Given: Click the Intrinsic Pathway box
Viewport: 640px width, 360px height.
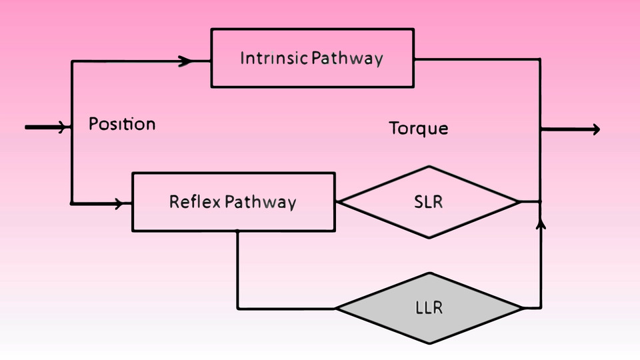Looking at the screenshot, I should [312, 58].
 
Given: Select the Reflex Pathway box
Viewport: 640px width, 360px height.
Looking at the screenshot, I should [233, 201].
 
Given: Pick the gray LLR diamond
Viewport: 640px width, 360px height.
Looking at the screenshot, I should [428, 308].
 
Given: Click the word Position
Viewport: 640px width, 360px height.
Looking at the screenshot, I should [122, 124].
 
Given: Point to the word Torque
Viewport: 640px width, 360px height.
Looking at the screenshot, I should [419, 128].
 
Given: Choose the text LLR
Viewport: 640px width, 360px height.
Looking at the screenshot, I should [428, 308].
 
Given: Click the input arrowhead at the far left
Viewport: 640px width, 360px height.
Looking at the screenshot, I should [64, 127].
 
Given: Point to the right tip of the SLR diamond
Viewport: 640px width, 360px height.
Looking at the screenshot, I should [519, 201].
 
